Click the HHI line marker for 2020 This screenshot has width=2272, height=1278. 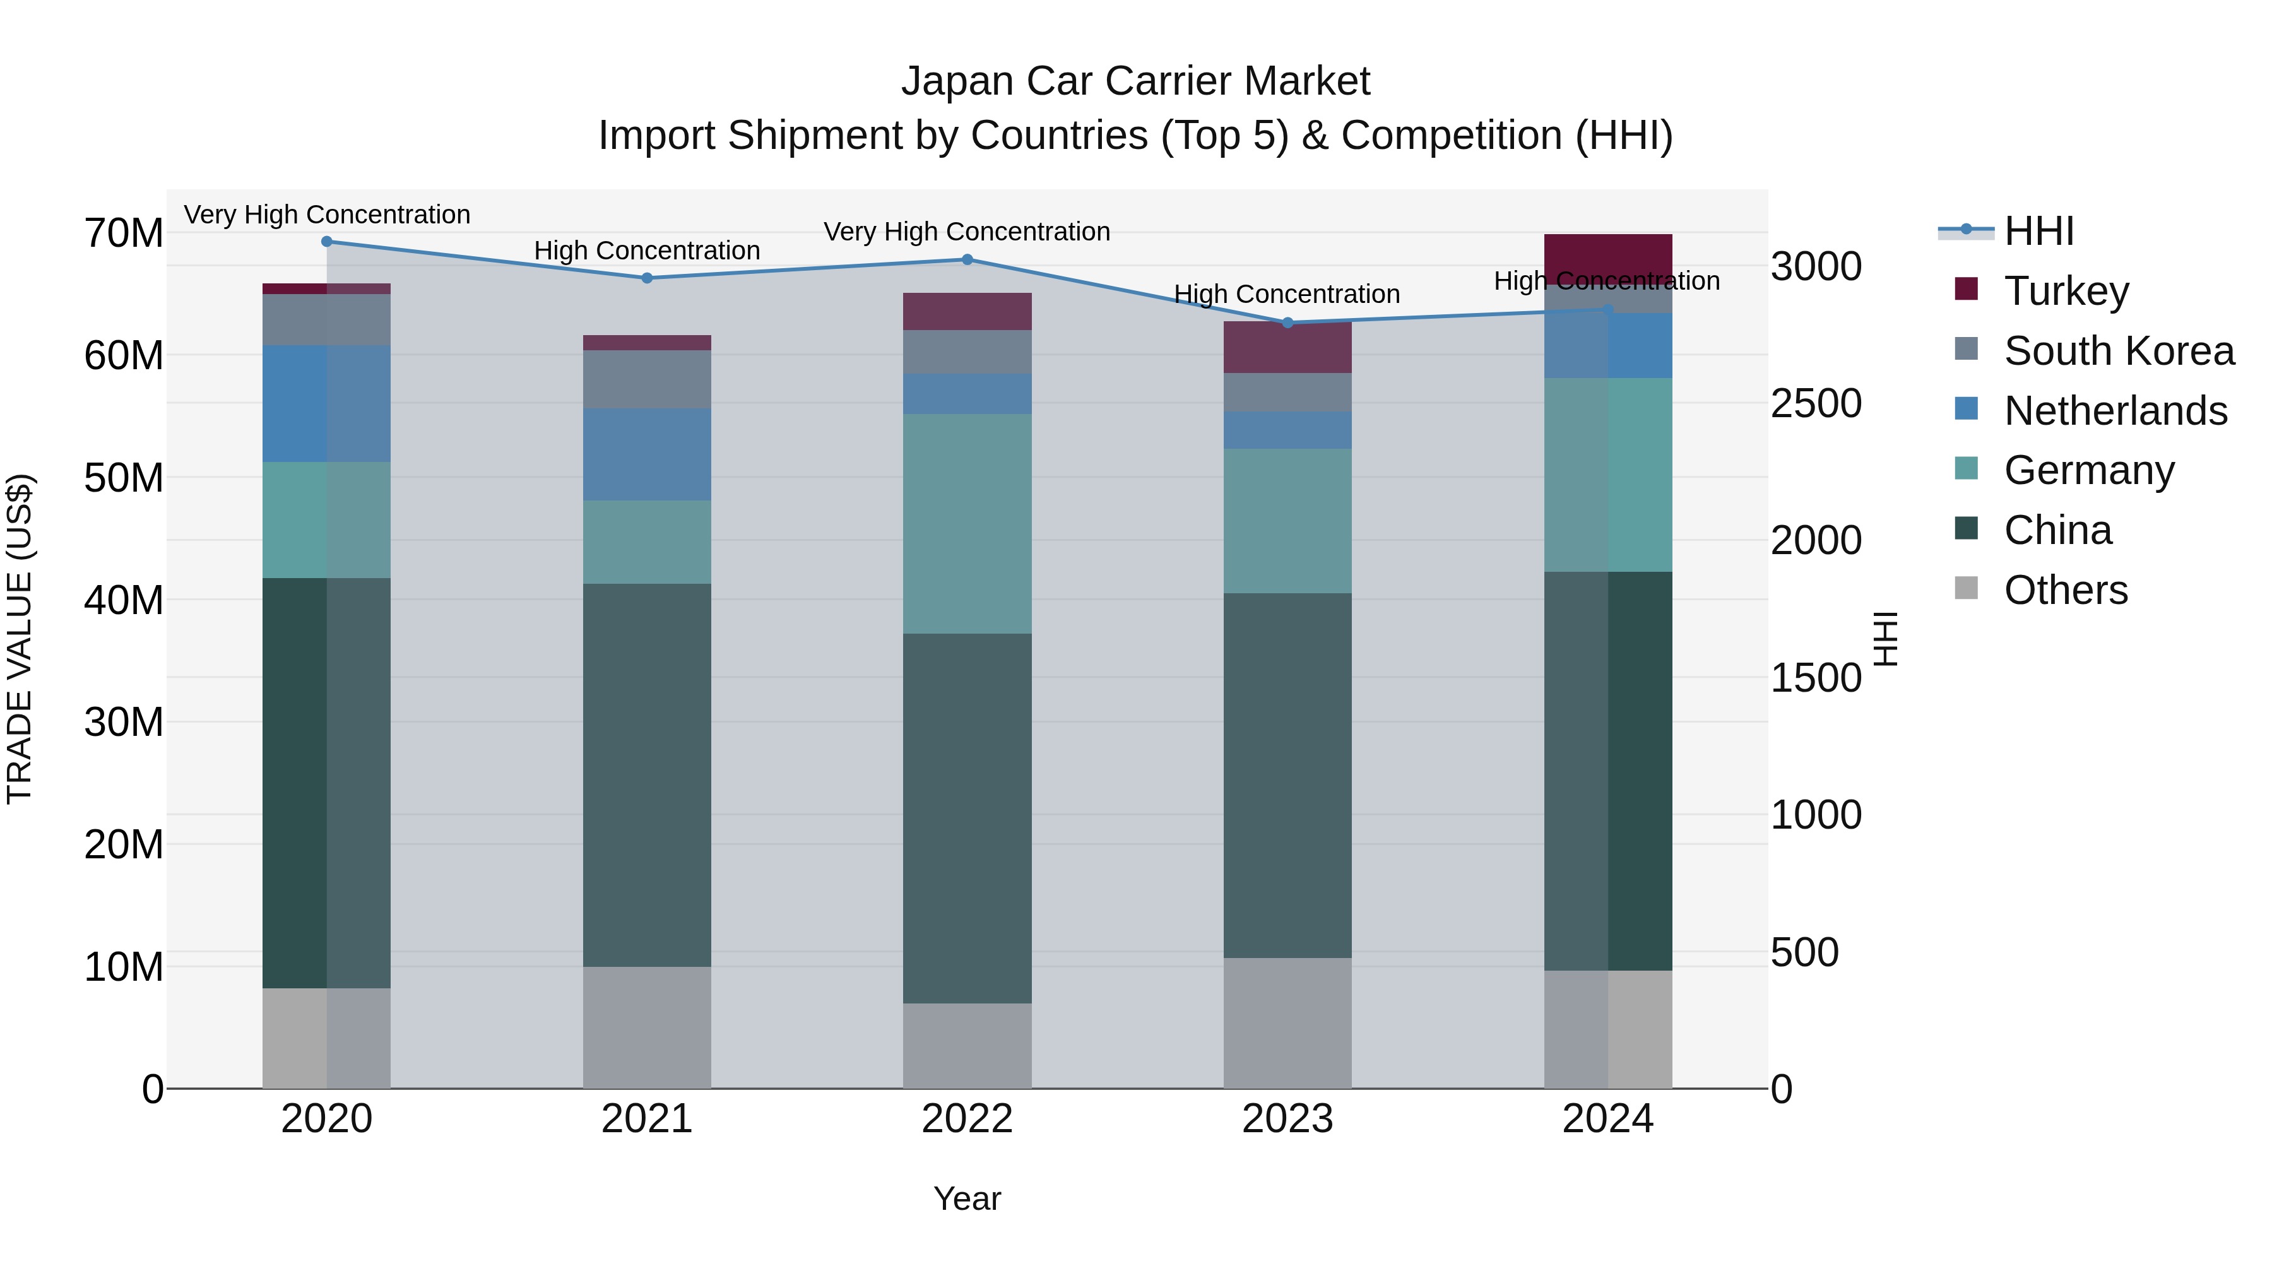pyautogui.click(x=326, y=241)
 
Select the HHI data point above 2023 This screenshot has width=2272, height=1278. pyautogui.click(x=1287, y=322)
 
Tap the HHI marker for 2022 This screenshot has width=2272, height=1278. pyautogui.click(x=967, y=259)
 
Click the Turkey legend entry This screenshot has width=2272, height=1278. pyautogui.click(x=2066, y=290)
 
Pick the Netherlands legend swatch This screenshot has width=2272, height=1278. pyautogui.click(x=1966, y=409)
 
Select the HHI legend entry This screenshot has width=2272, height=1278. pyautogui.click(x=2037, y=231)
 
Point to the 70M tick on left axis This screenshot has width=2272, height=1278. pyautogui.click(x=124, y=234)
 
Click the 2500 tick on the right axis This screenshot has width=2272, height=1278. pyautogui.click(x=1815, y=403)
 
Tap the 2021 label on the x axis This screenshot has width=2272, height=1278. pyautogui.click(x=646, y=1119)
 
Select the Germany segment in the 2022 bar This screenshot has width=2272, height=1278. pyautogui.click(x=967, y=523)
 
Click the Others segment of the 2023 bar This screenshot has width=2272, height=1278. pyautogui.click(x=1287, y=1023)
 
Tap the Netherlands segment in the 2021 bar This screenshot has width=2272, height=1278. pyautogui.click(x=646, y=454)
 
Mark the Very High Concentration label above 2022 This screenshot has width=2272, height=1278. pyautogui.click(x=967, y=232)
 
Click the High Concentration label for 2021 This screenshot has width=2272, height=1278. pyautogui.click(x=646, y=251)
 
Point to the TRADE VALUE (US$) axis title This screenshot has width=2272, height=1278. pyautogui.click(x=20, y=639)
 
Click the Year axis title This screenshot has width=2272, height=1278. pyautogui.click(x=967, y=1198)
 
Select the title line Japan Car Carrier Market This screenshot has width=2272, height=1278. pyautogui.click(x=1135, y=81)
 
